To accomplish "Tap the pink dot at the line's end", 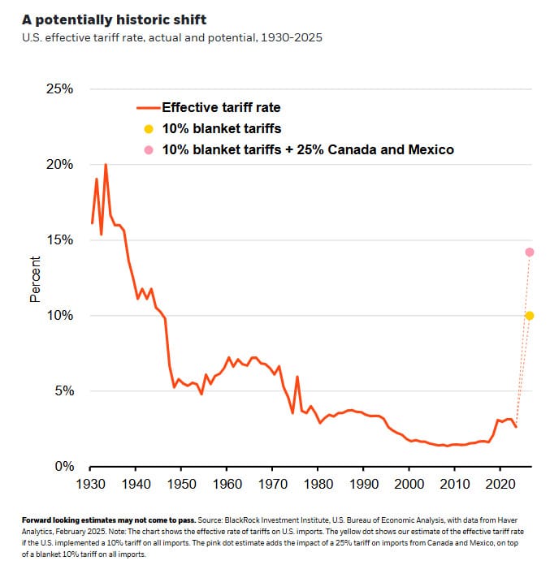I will [x=529, y=252].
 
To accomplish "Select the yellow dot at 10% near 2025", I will [x=529, y=315].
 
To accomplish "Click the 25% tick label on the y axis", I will [x=58, y=88].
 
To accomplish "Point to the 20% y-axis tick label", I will [x=58, y=164].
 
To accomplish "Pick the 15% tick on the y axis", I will [x=58, y=239].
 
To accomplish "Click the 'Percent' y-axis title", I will [x=35, y=279].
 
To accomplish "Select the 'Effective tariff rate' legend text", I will [x=222, y=107].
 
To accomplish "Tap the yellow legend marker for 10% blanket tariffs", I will [x=148, y=128].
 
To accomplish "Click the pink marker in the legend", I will [x=148, y=149].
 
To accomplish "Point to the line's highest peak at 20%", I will [x=105, y=165].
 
